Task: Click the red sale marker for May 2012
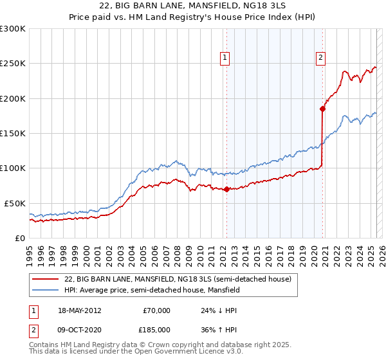(x=226, y=189)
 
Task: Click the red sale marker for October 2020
(x=322, y=109)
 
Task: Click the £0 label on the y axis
(x=20, y=238)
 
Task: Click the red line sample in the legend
(x=46, y=279)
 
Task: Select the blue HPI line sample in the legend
(x=46, y=290)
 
